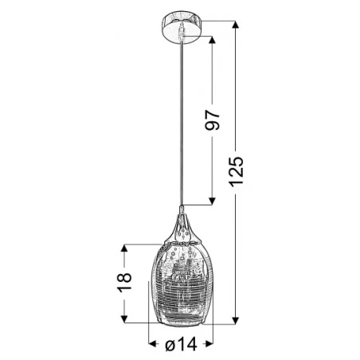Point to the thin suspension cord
(x=182, y=119)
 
